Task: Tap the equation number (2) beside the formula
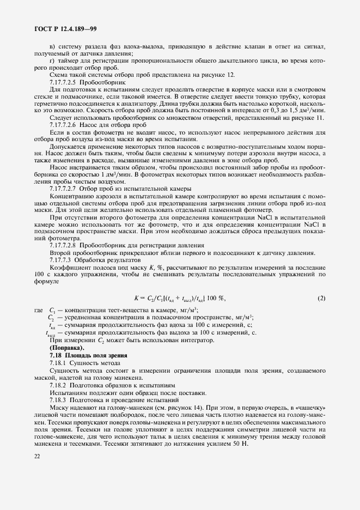[x=321, y=297]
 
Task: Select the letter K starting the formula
[x=136, y=298]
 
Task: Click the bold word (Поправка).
[x=67, y=347]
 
